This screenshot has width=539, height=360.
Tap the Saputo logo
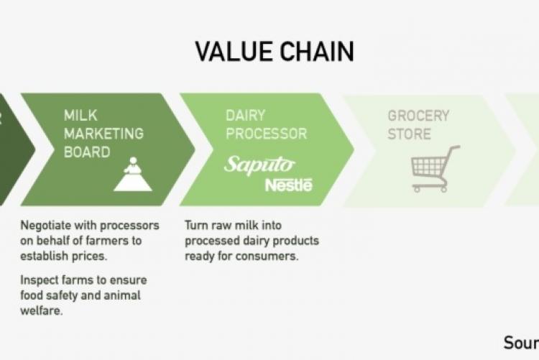[259, 164]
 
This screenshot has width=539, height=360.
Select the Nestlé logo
[289, 185]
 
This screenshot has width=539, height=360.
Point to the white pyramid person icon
[132, 174]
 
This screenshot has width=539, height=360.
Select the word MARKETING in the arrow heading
[103, 134]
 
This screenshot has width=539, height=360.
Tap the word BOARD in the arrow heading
[87, 152]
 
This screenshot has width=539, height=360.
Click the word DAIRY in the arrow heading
[246, 115]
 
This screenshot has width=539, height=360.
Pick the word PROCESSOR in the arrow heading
[266, 134]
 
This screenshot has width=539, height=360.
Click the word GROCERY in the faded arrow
[418, 115]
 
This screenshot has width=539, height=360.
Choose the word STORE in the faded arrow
[409, 134]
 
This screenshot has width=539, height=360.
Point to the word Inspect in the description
[40, 280]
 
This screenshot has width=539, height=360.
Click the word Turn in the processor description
[196, 224]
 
